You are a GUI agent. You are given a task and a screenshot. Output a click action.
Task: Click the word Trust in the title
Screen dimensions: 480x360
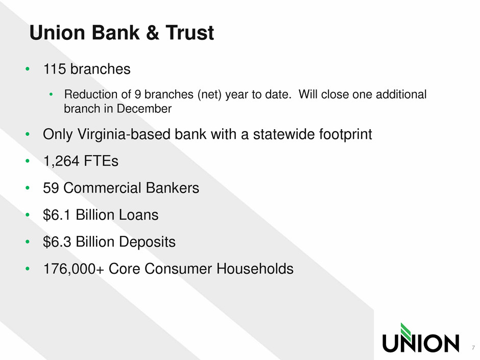[189, 33]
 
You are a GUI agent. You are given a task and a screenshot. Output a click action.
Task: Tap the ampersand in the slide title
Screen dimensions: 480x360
[153, 33]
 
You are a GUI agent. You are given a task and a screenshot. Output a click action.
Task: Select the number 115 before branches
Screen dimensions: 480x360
[55, 69]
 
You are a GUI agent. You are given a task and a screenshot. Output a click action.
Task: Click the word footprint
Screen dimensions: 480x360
[345, 134]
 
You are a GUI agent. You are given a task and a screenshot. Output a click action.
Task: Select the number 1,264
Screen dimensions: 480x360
[61, 161]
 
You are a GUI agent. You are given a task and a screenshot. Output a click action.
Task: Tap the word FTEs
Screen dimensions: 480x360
[101, 161]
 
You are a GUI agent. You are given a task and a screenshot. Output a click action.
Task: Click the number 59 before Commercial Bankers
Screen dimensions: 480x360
[51, 188]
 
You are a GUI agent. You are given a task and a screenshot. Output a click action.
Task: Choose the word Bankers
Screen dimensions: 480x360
[173, 188]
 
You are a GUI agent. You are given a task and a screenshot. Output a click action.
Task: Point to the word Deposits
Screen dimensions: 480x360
[147, 242]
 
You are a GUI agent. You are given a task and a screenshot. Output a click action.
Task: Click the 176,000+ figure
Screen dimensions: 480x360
[74, 269]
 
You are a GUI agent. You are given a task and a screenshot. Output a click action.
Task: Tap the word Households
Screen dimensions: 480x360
[255, 269]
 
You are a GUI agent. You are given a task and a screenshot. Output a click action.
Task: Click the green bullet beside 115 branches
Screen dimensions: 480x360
[28, 69]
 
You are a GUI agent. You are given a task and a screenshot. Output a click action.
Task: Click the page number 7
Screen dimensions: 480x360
[473, 348]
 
